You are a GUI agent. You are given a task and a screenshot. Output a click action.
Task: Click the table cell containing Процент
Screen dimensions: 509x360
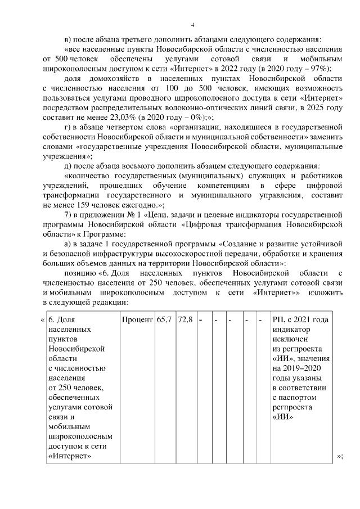coord(137,319)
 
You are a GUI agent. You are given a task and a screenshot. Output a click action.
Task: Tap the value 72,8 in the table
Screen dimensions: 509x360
coord(185,319)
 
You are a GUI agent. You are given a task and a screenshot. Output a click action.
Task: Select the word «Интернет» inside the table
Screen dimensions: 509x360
coord(70,456)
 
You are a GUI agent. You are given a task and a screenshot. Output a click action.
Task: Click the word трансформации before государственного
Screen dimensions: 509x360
coord(71,195)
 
